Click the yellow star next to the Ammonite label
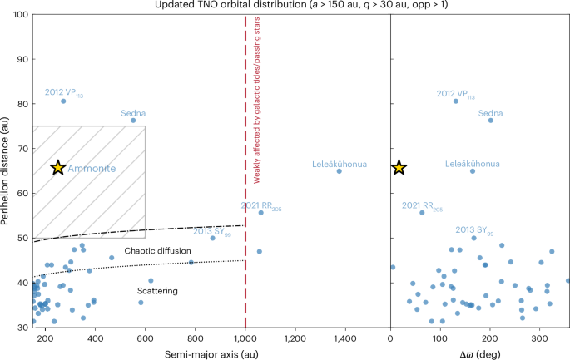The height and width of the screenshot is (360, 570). click(57, 168)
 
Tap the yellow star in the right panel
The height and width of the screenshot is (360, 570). click(399, 168)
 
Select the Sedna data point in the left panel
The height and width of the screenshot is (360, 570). click(133, 121)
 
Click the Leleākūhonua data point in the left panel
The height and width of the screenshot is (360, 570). click(339, 171)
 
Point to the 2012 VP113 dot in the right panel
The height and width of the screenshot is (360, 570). click(455, 101)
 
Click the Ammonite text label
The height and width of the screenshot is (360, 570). click(91, 169)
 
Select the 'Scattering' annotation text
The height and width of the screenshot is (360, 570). click(158, 290)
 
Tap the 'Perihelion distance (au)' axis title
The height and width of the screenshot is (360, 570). click(7, 170)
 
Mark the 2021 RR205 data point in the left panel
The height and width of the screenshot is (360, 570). click(260, 212)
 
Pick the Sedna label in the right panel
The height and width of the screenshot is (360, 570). click(491, 113)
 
